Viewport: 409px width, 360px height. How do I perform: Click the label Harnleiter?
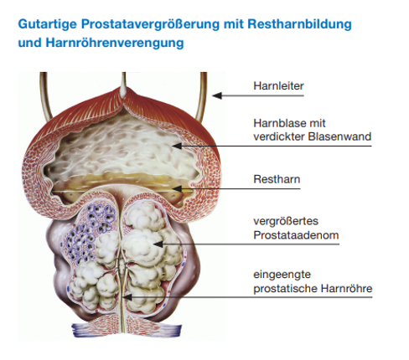(278, 86)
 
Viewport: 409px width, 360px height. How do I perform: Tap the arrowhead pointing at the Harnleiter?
(217, 95)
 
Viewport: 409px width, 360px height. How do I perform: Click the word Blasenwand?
(339, 136)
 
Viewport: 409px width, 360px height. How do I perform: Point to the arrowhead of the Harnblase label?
(177, 146)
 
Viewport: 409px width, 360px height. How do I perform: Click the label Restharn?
(277, 179)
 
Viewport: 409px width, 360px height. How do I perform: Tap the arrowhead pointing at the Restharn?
(177, 189)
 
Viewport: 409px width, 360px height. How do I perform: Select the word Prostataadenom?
(296, 235)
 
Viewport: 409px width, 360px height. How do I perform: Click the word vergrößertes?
(286, 221)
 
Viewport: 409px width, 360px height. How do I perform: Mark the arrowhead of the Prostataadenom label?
(158, 244)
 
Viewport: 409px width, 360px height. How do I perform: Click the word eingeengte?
(282, 275)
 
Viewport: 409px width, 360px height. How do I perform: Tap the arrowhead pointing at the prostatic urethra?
(127, 297)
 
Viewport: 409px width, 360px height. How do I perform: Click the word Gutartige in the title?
(47, 24)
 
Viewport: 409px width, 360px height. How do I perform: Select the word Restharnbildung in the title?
(299, 24)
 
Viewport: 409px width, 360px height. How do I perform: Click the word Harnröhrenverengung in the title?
(115, 43)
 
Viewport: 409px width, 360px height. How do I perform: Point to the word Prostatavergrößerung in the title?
(151, 24)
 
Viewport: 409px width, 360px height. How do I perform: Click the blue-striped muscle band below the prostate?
(127, 329)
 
